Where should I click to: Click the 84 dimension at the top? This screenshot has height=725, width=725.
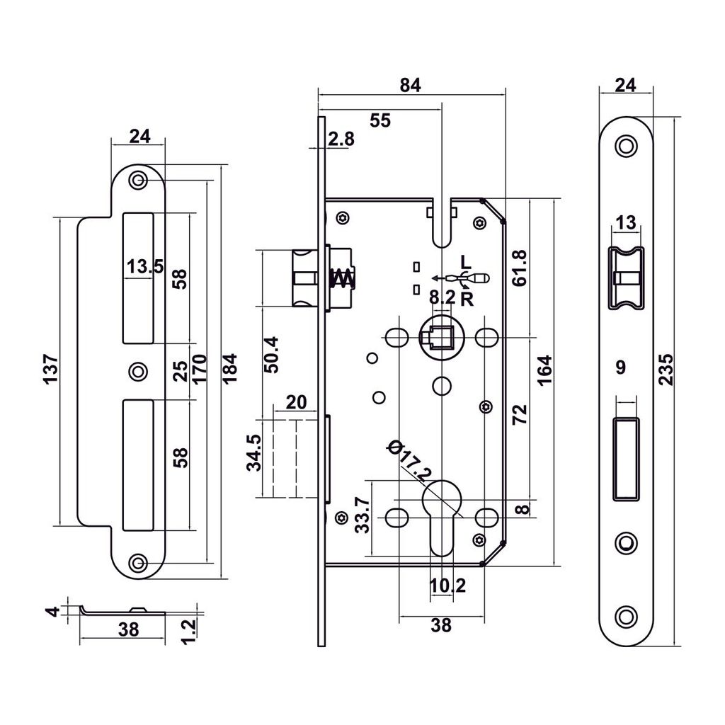[x=410, y=85]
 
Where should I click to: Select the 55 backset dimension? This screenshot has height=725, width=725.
[x=380, y=120]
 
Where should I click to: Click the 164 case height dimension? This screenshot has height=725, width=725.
[x=544, y=369]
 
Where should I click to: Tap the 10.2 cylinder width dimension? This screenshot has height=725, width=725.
[x=447, y=586]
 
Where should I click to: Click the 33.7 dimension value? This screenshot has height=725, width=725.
[x=362, y=515]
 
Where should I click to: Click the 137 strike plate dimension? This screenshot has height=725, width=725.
[x=50, y=370]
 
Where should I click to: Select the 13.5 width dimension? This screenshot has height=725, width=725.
[x=145, y=267]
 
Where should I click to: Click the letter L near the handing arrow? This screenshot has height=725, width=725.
[x=464, y=261]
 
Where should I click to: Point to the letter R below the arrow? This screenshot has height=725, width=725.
[x=467, y=297]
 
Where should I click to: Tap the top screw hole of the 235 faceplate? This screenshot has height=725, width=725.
[x=624, y=146]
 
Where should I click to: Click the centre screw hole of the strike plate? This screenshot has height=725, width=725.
[x=137, y=370]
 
